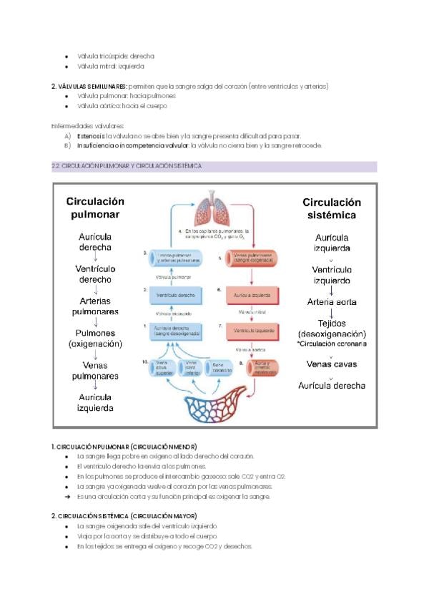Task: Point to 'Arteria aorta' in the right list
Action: point(332,301)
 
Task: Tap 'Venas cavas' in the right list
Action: point(332,364)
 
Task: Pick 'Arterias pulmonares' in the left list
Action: point(95,306)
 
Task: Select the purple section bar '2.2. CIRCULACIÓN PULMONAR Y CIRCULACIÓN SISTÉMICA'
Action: point(214,166)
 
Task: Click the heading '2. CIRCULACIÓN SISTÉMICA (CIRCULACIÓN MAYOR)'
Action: point(124,515)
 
